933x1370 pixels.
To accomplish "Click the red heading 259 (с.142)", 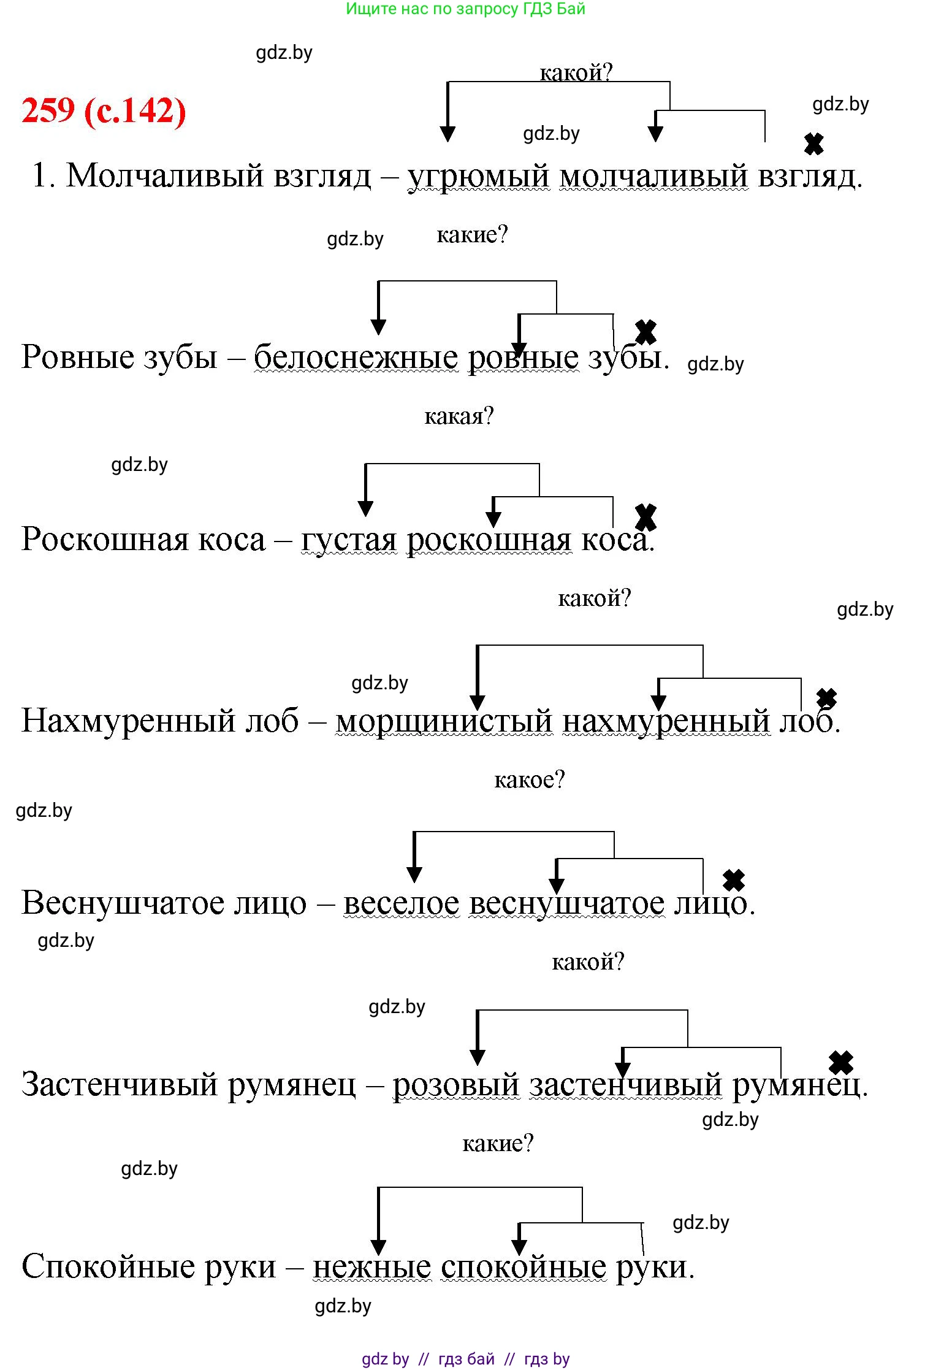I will pos(104,110).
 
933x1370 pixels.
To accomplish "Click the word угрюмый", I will pos(479,176).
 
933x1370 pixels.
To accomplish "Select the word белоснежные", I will pos(356,357).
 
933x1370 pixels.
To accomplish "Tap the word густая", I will pos(349,540).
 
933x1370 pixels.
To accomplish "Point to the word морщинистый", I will pos(444,721).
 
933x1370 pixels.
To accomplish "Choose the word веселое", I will pos(401,903).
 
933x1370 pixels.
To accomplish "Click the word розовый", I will pos(455,1084).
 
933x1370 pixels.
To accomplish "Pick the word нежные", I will pos(371,1266).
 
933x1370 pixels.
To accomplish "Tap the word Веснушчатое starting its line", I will pos(164,903).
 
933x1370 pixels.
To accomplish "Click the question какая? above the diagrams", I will pos(459,416).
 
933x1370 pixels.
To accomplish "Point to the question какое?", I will pos(529,779).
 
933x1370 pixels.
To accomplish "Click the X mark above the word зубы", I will pos(645,332).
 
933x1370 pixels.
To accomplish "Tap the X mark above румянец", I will pos(840,1063).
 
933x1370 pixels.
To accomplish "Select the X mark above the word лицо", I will pos(733,881).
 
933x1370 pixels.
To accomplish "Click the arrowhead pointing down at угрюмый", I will pos(447,134).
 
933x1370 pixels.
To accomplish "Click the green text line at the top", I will pos(465,9).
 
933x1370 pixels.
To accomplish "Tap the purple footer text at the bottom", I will pos(465,1359).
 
